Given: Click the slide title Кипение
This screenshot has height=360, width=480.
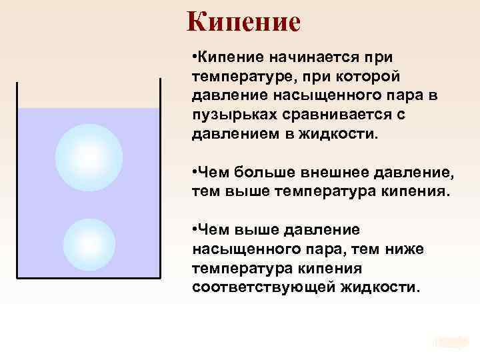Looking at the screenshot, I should pyautogui.click(x=243, y=22).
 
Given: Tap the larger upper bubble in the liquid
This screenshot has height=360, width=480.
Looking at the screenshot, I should pyautogui.click(x=89, y=157).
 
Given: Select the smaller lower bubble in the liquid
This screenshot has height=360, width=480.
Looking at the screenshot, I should pyautogui.click(x=89, y=244).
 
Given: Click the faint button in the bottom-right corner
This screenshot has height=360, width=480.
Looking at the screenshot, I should pyautogui.click(x=450, y=341).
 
